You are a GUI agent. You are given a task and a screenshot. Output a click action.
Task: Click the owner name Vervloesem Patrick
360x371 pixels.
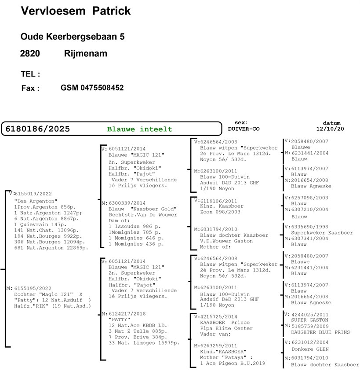(76, 11)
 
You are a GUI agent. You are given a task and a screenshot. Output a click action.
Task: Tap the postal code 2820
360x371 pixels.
(30, 54)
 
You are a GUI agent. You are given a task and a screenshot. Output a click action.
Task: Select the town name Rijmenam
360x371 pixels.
(85, 54)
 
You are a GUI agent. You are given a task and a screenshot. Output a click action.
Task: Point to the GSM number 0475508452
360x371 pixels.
(92, 88)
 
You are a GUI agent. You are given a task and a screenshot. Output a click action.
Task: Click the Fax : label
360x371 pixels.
(30, 88)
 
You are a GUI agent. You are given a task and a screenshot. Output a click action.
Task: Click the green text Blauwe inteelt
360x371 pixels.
(140, 129)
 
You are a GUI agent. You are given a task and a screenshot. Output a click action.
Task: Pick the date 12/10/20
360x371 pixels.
(331, 129)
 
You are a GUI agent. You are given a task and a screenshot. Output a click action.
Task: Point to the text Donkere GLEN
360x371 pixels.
(310, 349)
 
